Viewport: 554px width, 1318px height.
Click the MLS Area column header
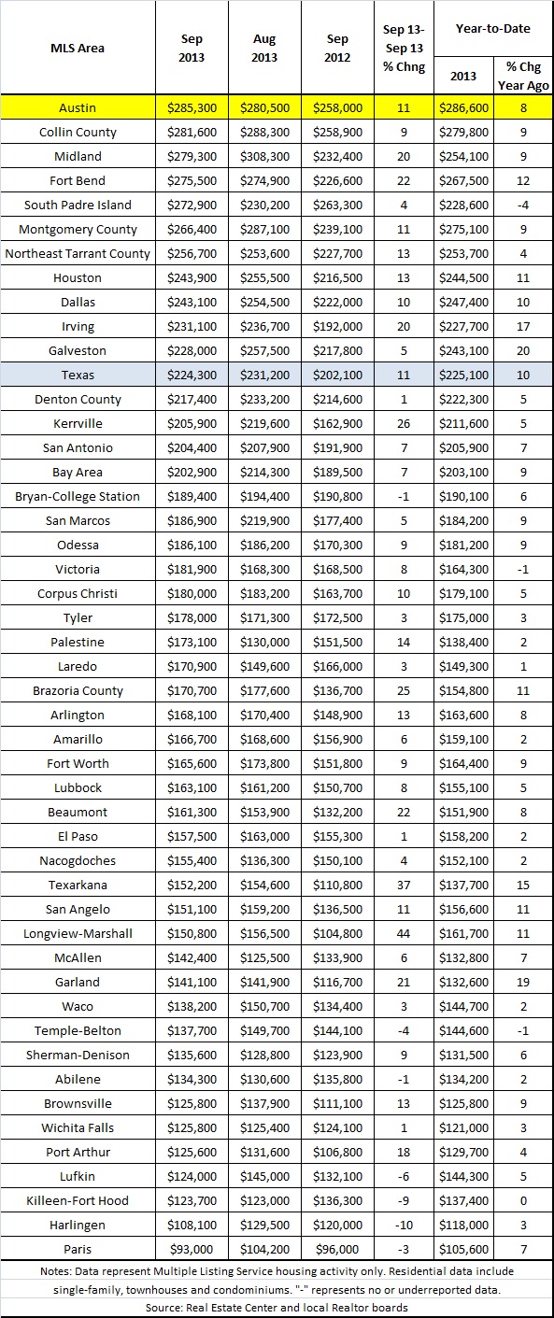78,48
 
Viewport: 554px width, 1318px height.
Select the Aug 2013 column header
264,48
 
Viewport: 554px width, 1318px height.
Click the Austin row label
78,108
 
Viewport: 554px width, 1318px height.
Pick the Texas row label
78,375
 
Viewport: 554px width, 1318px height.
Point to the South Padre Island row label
78,205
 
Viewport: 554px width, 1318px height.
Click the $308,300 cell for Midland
264,156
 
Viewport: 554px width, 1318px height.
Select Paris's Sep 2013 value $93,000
190,1249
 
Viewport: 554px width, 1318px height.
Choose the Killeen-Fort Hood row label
78,1200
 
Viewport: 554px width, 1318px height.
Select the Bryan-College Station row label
78,496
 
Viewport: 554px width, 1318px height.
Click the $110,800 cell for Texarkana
338,885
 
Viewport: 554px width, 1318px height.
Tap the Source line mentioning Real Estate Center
277,1307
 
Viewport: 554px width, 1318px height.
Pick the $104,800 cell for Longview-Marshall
338,933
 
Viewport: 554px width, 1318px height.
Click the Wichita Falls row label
78,1127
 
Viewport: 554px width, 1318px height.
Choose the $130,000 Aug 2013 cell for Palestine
264,642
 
